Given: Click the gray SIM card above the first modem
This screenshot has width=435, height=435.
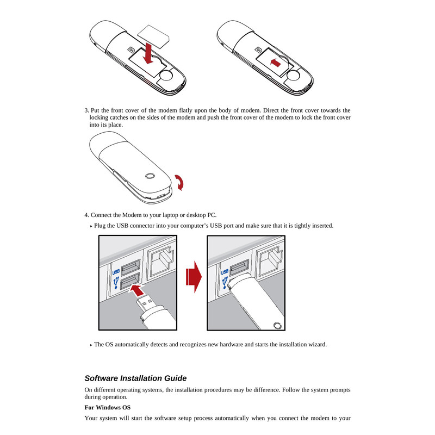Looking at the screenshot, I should tap(154, 34).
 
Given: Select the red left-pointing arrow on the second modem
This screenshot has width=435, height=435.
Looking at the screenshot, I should tap(276, 63).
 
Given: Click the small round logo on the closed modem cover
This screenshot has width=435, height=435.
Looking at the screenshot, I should tap(151, 176).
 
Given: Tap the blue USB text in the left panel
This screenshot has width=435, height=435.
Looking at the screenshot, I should tap(115, 272).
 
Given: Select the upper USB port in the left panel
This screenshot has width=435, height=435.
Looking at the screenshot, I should tap(130, 268).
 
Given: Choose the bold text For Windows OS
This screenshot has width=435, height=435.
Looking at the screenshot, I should tap(108, 407).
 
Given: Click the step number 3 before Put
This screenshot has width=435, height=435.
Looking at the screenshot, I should tap(86, 110).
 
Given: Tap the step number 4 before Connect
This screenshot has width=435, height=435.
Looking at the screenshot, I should tap(86, 214).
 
